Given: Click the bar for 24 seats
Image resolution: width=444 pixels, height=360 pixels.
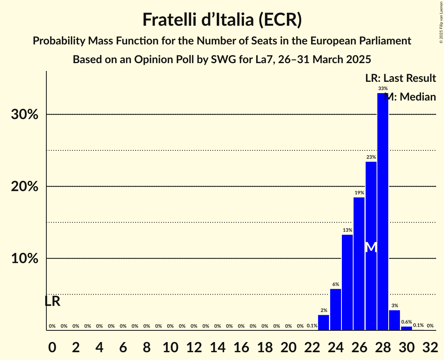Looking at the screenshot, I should click(x=336, y=309).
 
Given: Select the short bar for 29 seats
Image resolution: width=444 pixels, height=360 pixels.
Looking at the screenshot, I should click(x=394, y=320).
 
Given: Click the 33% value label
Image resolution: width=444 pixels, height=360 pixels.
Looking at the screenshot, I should click(x=383, y=88).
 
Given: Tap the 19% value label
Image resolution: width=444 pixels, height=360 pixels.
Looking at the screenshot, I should click(x=359, y=193).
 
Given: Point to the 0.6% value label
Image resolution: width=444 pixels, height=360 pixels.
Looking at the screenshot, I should click(x=407, y=322).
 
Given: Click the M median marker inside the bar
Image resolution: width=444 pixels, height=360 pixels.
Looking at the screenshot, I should click(x=371, y=247).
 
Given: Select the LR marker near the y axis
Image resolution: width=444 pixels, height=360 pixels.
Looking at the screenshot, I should click(x=52, y=301).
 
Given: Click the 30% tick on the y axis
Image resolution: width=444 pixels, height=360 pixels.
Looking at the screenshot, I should click(x=25, y=115).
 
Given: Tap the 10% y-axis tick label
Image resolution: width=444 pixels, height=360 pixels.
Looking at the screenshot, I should click(x=25, y=259).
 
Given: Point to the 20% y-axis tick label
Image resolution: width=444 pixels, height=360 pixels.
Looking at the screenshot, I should click(x=25, y=187).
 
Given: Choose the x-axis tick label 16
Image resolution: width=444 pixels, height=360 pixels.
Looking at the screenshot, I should click(x=241, y=346).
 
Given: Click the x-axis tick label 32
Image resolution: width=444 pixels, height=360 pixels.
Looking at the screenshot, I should click(x=430, y=346).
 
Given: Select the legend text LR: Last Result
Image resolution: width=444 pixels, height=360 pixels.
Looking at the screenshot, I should click(x=400, y=78).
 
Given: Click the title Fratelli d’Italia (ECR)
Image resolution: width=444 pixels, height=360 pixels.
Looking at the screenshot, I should click(x=222, y=20).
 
